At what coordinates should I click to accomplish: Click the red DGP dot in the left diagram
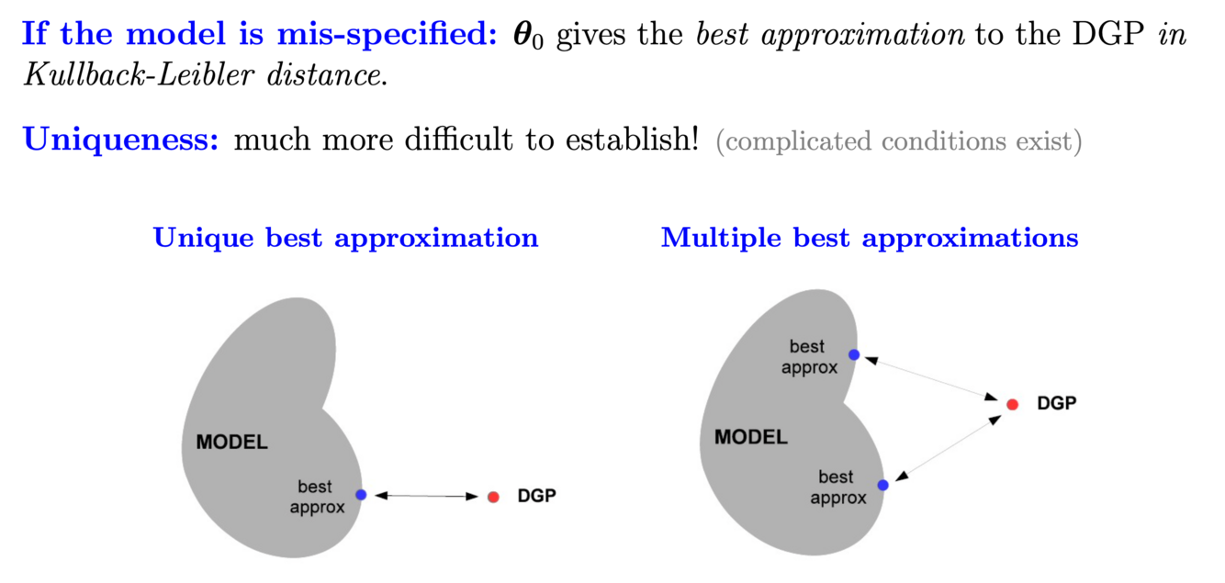493,497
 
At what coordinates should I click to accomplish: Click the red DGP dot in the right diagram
1012,404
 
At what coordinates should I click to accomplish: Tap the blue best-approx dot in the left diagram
361,495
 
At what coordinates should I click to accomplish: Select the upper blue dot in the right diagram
854,354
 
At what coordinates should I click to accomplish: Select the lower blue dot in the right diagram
882,485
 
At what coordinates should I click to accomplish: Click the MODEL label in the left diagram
231,443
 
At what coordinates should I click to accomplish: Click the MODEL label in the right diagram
750,437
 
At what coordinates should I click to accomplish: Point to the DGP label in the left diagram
537,497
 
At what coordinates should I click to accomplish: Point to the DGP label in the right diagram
1056,403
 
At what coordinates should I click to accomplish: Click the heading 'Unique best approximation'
345,238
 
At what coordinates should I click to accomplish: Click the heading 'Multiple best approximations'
869,238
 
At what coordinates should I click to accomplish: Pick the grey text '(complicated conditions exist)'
898,142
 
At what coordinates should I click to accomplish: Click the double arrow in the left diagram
427,496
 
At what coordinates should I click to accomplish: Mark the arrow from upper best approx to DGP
932,378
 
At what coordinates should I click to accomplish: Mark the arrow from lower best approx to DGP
947,446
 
